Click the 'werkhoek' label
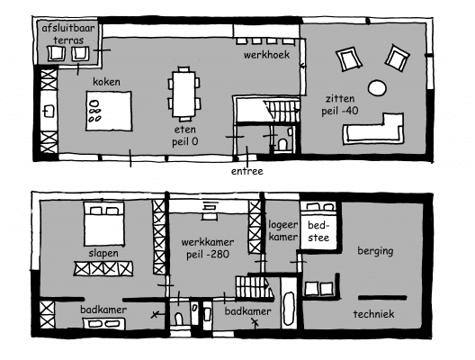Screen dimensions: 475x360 pyautogui.click(x=266, y=55)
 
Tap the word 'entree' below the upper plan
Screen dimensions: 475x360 pyautogui.click(x=246, y=171)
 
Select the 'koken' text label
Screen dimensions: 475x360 pyautogui.click(x=106, y=82)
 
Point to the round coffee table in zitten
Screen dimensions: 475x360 pyautogui.click(x=377, y=88)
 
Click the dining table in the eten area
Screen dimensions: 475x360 pyautogui.click(x=184, y=94)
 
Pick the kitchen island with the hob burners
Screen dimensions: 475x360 pyautogui.click(x=109, y=111)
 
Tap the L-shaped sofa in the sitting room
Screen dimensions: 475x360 pyautogui.click(x=374, y=129)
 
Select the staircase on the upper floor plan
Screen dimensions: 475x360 pyautogui.click(x=282, y=111)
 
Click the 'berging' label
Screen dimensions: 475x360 pyautogui.click(x=375, y=251)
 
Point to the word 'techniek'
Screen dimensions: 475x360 pyautogui.click(x=374, y=314)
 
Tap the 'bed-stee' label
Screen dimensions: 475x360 pyautogui.click(x=318, y=231)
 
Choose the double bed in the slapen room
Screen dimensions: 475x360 pyautogui.click(x=104, y=224)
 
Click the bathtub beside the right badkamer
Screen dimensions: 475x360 pyautogui.click(x=289, y=309)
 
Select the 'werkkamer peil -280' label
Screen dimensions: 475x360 pyautogui.click(x=208, y=248)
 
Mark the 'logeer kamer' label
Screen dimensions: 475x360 pyautogui.click(x=283, y=231)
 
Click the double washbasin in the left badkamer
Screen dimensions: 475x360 pyautogui.click(x=104, y=324)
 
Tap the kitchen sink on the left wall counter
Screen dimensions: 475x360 pyautogui.click(x=49, y=112)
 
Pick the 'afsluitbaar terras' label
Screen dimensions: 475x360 pyautogui.click(x=68, y=34)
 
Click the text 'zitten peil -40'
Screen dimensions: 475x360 pyautogui.click(x=340, y=104)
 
